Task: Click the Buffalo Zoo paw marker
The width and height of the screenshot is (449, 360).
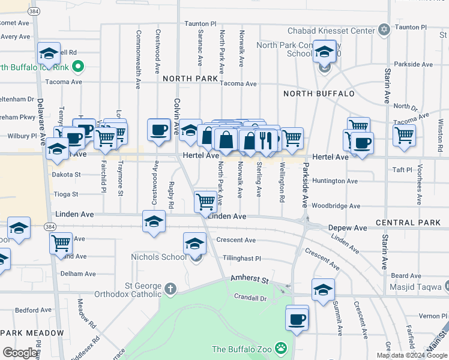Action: point(281,348)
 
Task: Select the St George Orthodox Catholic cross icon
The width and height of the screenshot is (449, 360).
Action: point(170,289)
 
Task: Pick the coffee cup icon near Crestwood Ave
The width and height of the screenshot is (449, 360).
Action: point(159,130)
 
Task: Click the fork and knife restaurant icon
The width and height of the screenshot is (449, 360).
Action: point(265,140)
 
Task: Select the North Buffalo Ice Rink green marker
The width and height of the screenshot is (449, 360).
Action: point(78,66)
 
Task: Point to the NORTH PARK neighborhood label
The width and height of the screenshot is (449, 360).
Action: point(190,79)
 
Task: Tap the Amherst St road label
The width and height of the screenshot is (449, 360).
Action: point(247,281)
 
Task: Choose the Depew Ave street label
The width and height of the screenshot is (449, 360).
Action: point(348,229)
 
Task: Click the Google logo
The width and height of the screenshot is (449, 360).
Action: point(20,353)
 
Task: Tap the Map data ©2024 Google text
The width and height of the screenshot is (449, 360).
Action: point(412,355)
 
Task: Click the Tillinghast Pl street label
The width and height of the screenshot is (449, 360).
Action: point(241,259)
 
